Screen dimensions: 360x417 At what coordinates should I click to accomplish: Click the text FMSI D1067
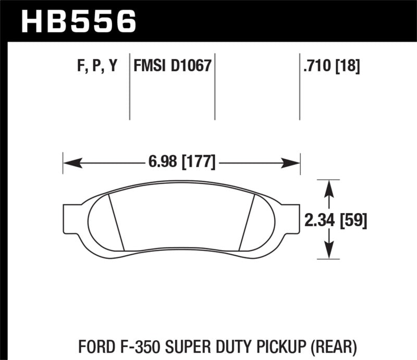coord(172,66)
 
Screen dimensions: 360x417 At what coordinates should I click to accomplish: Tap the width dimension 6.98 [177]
coord(181,163)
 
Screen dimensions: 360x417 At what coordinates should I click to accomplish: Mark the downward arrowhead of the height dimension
coord(328,252)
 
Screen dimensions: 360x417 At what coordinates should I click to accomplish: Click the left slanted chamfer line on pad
coord(116,221)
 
